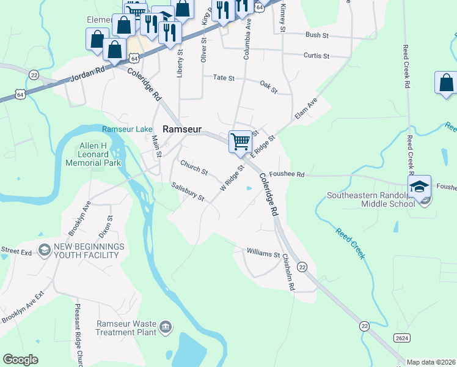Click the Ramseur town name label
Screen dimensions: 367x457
click(183, 129)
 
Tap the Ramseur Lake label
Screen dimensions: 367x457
click(127, 129)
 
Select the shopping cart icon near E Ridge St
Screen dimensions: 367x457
click(241, 141)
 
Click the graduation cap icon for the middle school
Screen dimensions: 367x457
click(420, 187)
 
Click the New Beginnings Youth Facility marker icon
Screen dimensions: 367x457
click(44, 250)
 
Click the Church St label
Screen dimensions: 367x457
click(194, 166)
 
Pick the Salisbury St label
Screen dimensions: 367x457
click(188, 191)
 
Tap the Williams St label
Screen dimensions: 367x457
click(263, 252)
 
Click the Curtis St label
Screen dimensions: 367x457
click(316, 56)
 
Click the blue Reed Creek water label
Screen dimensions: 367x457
click(350, 243)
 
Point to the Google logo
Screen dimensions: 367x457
click(21, 360)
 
